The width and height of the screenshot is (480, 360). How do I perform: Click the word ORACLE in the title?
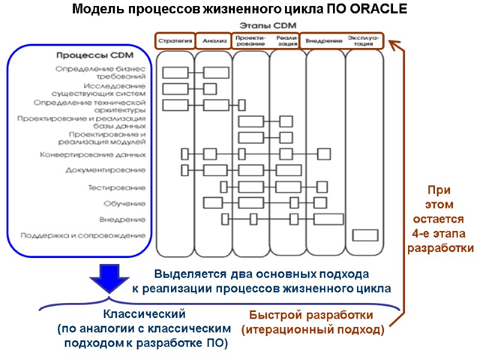coord(377,10)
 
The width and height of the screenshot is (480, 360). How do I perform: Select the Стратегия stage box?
coord(175,41)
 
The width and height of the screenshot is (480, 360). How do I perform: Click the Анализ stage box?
coord(213,41)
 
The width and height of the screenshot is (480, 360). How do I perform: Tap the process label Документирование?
coord(105,170)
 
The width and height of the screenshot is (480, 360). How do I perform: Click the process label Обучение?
coord(124,203)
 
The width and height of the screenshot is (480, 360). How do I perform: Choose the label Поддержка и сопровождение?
coord(83,235)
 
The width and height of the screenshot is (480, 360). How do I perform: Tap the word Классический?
coord(145,314)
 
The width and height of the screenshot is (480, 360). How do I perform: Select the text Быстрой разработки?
coord(311,316)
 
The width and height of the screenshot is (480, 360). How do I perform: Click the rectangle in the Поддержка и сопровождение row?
coord(364,235)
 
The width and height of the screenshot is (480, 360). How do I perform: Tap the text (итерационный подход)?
coord(312,329)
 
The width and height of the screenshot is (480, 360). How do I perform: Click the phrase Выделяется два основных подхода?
coord(261,275)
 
